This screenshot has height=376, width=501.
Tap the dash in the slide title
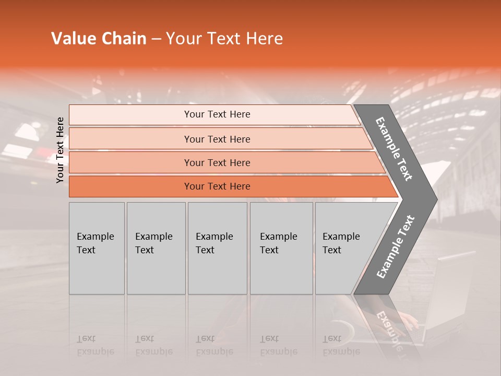click(x=156, y=39)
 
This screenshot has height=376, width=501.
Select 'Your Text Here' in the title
click(x=224, y=39)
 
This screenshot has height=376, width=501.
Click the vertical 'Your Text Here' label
click(x=60, y=150)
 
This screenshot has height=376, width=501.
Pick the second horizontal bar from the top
click(x=217, y=139)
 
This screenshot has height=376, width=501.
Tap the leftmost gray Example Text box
click(x=97, y=248)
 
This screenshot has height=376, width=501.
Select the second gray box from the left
click(x=156, y=248)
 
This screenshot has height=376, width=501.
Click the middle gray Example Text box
click(x=217, y=248)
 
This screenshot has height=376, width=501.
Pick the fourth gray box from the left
click(x=281, y=248)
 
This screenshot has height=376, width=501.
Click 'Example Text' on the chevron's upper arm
click(x=394, y=149)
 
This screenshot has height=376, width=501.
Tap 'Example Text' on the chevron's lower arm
click(x=395, y=247)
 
